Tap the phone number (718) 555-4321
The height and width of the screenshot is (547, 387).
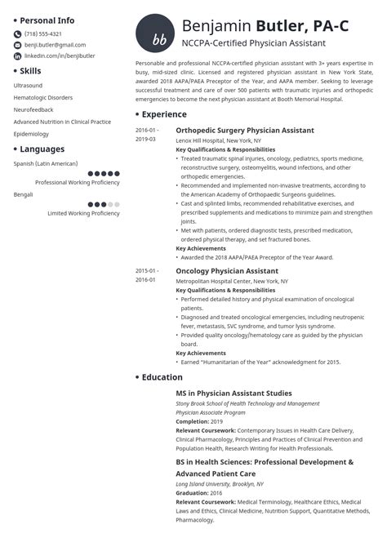pyautogui.click(x=43, y=33)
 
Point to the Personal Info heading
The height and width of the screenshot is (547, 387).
pyautogui.click(x=47, y=20)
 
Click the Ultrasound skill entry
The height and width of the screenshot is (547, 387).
pyautogui.click(x=29, y=85)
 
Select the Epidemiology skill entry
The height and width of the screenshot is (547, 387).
pyautogui.click(x=32, y=134)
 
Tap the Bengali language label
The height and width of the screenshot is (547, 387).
pyautogui.click(x=24, y=194)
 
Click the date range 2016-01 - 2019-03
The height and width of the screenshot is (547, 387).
pyautogui.click(x=148, y=135)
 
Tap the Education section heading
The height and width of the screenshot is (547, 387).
pyautogui.click(x=162, y=376)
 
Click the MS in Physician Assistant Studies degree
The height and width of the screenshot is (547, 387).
pyautogui.click(x=234, y=394)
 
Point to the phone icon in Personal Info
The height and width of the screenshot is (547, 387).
pyautogui.click(x=18, y=33)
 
